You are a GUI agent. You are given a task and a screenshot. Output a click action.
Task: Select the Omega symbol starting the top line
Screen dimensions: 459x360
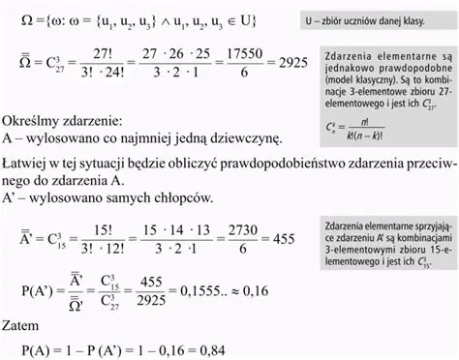click(x=13, y=18)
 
